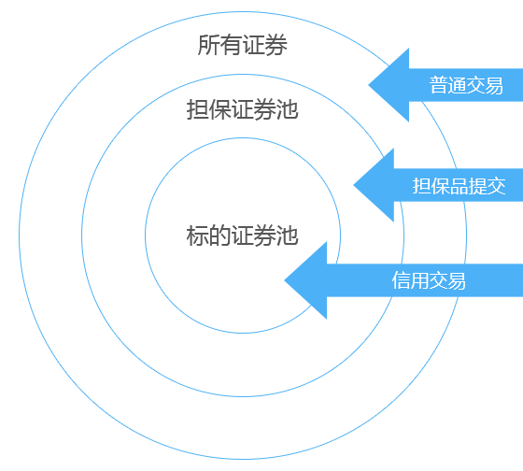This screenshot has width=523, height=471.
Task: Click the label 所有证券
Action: pos(242,45)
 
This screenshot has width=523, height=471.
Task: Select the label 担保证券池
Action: pos(242,109)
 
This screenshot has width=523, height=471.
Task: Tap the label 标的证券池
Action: pos(242,235)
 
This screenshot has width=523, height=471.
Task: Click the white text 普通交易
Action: pos(466,85)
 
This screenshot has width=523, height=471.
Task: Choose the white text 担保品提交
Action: pos(459,186)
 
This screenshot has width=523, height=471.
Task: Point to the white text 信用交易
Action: pos(429,280)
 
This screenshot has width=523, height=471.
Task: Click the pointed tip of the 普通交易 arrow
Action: pos(369,85)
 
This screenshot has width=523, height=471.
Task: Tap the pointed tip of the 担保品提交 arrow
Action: pos(354,185)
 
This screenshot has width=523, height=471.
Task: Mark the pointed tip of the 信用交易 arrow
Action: pos(285,280)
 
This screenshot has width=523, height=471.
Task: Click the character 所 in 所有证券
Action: pos(208,45)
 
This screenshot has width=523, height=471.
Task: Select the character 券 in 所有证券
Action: pos(276,45)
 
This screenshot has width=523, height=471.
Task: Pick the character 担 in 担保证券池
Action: pos(197,109)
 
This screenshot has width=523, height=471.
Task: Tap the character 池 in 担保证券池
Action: pos(288,109)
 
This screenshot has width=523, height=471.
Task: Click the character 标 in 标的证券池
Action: pos(197,235)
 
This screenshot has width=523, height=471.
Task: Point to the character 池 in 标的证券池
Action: pos(288,235)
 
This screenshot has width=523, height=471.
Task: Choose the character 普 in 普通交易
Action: pos(438,85)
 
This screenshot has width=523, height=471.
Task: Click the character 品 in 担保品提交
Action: pos(459,186)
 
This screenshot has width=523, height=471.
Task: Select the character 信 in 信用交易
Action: pos(401,280)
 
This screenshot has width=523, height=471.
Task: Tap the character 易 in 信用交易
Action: pos(457,280)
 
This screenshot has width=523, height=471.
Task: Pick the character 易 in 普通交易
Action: pos(494,85)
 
